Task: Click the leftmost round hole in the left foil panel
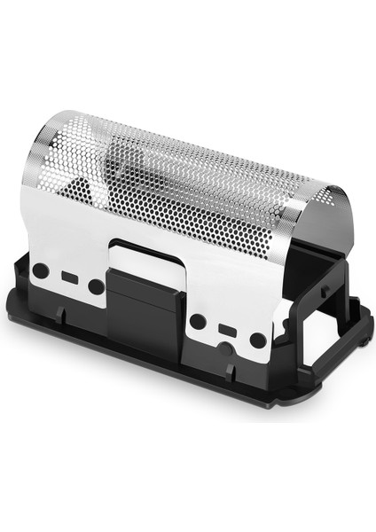[x=40, y=269]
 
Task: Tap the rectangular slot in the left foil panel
[x=68, y=278]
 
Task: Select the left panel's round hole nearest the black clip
[x=95, y=286]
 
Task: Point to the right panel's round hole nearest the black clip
[x=199, y=320]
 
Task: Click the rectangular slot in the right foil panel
[x=228, y=330]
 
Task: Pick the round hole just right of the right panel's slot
[x=257, y=340]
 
